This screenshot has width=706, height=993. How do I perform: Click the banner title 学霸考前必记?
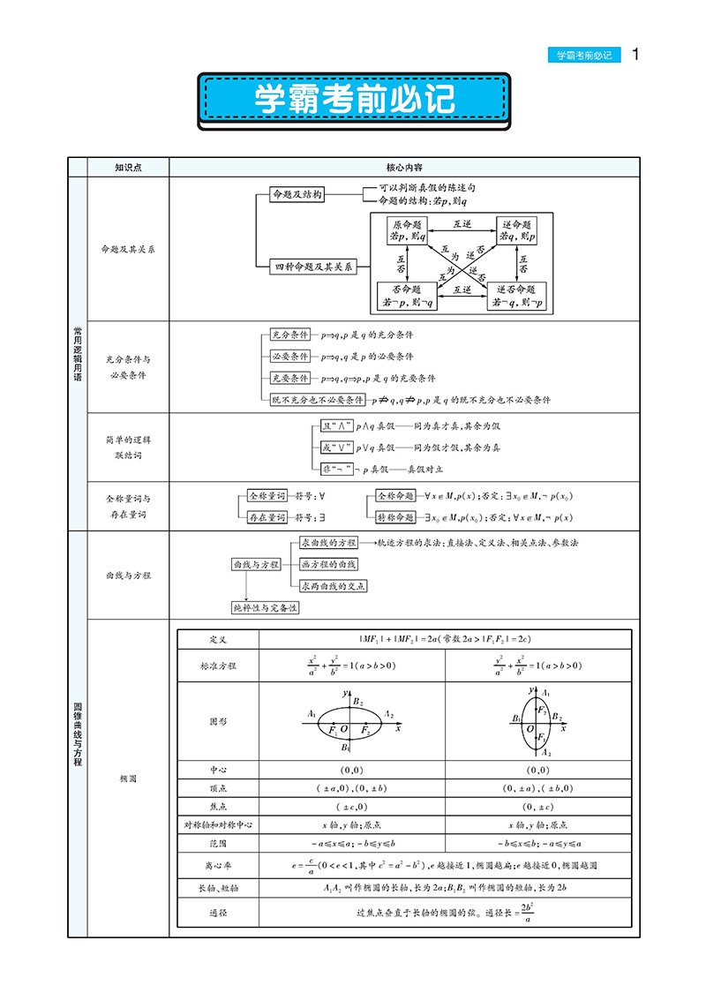tap(354, 99)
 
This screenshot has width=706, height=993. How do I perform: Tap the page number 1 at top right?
tap(635, 55)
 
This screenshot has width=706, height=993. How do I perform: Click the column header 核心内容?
tap(403, 166)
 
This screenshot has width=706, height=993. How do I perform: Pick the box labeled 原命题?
tap(407, 230)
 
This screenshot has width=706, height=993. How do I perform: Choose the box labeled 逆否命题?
tap(516, 296)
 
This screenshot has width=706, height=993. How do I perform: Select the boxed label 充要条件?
tap(289, 379)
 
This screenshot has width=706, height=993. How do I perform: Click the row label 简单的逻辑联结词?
tap(128, 447)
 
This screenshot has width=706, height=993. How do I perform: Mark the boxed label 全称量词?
tap(267, 496)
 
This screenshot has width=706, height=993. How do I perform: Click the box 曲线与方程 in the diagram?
tap(254, 564)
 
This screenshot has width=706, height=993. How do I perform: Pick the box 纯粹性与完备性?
tap(265, 607)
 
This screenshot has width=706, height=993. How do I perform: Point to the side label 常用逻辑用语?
tap(78, 353)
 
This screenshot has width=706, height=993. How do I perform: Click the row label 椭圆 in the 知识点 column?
tap(128, 779)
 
